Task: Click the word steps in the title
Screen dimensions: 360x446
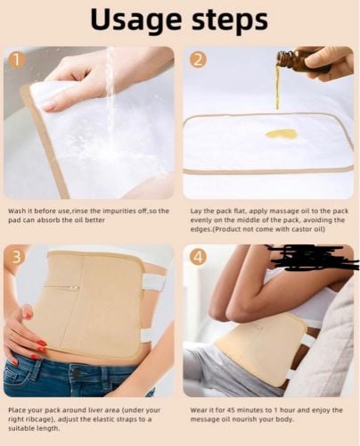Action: point(230,20)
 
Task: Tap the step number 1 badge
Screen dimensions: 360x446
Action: point(17,60)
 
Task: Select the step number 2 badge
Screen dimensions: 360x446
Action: point(199,60)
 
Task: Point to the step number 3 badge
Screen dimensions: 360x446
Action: point(17,258)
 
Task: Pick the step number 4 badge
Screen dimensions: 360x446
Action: point(199,258)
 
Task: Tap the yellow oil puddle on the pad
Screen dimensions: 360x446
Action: point(279,134)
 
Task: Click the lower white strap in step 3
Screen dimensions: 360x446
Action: point(151,334)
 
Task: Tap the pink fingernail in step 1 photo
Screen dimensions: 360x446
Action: point(49,104)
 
